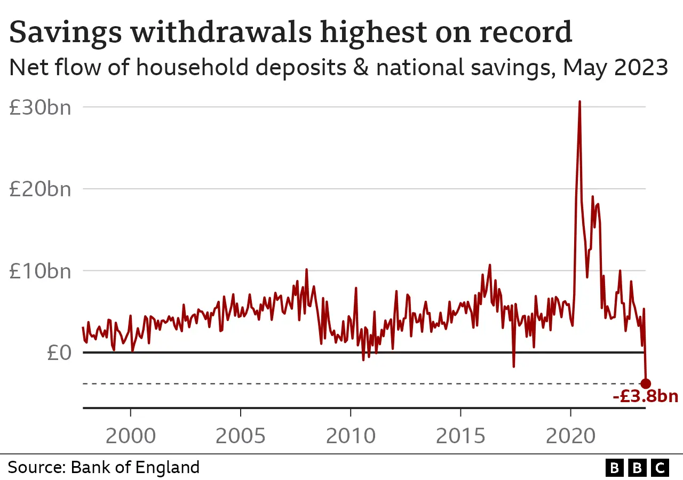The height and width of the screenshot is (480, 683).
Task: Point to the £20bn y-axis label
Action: click(40, 189)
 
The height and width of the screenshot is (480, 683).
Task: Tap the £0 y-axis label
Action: click(58, 353)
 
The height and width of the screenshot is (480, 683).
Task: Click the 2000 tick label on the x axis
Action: click(131, 436)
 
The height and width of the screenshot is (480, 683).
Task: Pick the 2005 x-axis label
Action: click(241, 436)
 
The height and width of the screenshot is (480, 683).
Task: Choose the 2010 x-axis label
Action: click(351, 436)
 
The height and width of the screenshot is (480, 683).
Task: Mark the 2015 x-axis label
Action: click(460, 436)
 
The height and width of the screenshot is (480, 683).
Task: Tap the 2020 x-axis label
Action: click(570, 436)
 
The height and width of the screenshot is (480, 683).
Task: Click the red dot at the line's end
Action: click(646, 383)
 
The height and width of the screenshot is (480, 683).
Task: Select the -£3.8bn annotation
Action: click(645, 397)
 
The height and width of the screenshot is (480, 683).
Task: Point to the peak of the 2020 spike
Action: click(579, 101)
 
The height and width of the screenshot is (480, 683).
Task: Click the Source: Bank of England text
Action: click(104, 468)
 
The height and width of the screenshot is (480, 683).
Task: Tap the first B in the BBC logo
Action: click(615, 468)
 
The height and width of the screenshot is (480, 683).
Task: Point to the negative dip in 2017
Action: click(513, 366)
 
